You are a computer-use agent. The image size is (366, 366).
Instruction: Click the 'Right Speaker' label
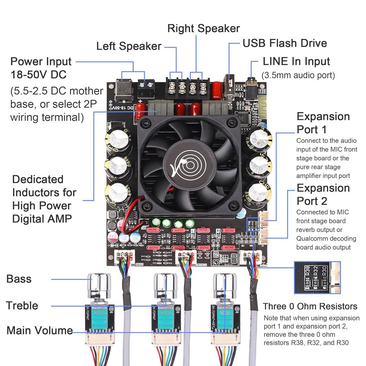pyautogui.click(x=203, y=28)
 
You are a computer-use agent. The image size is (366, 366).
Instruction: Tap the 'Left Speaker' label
pyautogui.click(x=129, y=46)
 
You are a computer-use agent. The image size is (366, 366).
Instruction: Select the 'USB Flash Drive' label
pyautogui.click(x=285, y=43)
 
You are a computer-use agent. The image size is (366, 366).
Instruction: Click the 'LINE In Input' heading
pyautogui.click(x=296, y=61)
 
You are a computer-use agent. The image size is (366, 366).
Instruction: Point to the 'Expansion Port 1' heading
pyautogui.click(x=323, y=123)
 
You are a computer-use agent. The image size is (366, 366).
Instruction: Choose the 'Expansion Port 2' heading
pyautogui.click(x=323, y=194)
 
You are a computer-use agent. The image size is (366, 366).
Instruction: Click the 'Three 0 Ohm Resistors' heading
pyautogui.click(x=310, y=306)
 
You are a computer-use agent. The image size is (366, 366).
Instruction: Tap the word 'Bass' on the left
pyautogui.click(x=19, y=279)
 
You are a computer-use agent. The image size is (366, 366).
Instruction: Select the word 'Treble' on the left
pyautogui.click(x=22, y=306)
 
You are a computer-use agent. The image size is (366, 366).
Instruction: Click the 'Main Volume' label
pyautogui.click(x=39, y=330)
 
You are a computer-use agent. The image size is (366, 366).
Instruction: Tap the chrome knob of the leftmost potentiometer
pyautogui.click(x=100, y=285)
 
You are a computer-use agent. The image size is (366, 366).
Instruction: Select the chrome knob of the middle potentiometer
pyautogui.click(x=165, y=285)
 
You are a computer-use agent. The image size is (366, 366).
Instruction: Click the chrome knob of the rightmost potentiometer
pyautogui.click(x=224, y=285)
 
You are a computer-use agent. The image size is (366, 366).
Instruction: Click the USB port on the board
pyautogui.click(x=230, y=86)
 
